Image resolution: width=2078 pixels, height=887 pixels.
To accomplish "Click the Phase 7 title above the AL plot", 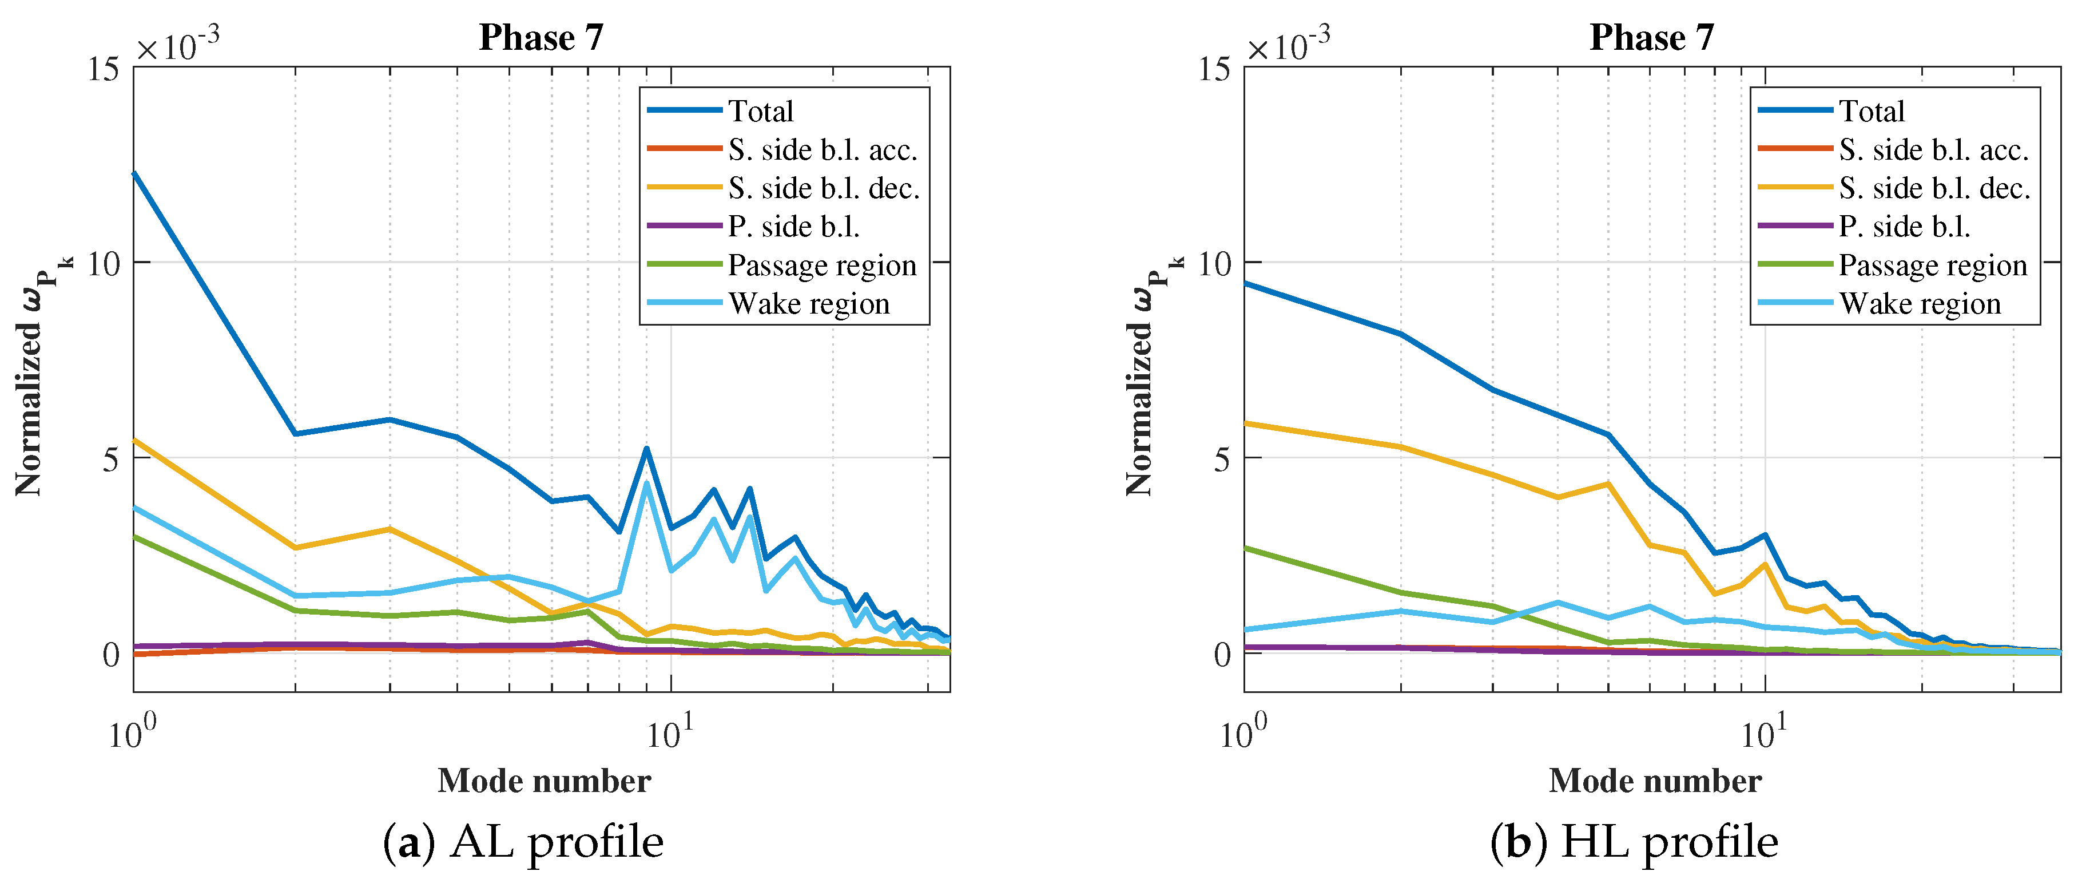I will [x=541, y=37].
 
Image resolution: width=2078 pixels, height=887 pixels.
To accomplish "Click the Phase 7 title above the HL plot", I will [x=1651, y=37].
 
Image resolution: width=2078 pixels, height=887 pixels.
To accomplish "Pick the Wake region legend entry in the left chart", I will [x=808, y=303].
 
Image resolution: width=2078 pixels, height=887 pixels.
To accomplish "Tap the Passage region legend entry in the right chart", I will [x=1932, y=265].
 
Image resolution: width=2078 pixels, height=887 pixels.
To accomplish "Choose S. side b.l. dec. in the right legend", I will [x=1934, y=188].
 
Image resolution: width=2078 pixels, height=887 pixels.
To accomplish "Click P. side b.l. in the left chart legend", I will [x=793, y=227].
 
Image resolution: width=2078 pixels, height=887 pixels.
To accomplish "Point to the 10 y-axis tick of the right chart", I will [x=1214, y=264].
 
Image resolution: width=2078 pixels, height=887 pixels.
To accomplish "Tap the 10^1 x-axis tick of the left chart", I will [x=670, y=732].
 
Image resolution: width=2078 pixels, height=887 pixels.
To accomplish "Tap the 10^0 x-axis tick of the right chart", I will [x=1243, y=732].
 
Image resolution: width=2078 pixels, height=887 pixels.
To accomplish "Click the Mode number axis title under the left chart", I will [x=544, y=781].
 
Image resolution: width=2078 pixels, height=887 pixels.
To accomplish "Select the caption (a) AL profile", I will [x=523, y=842].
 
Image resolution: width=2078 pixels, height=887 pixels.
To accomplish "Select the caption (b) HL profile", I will [x=1634, y=842].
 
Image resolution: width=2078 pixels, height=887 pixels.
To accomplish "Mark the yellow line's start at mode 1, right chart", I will [x=1246, y=423].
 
